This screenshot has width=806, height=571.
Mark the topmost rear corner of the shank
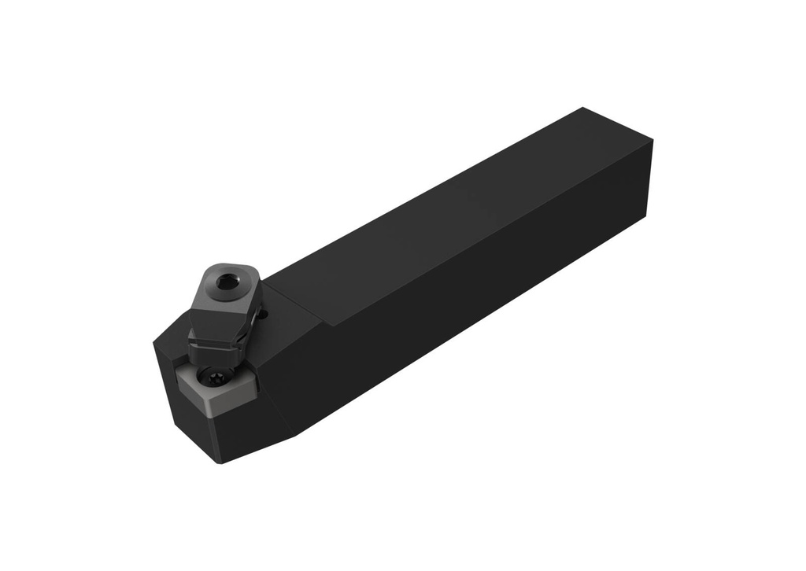(x=583, y=108)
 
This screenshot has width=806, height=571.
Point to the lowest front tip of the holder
(x=222, y=462)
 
